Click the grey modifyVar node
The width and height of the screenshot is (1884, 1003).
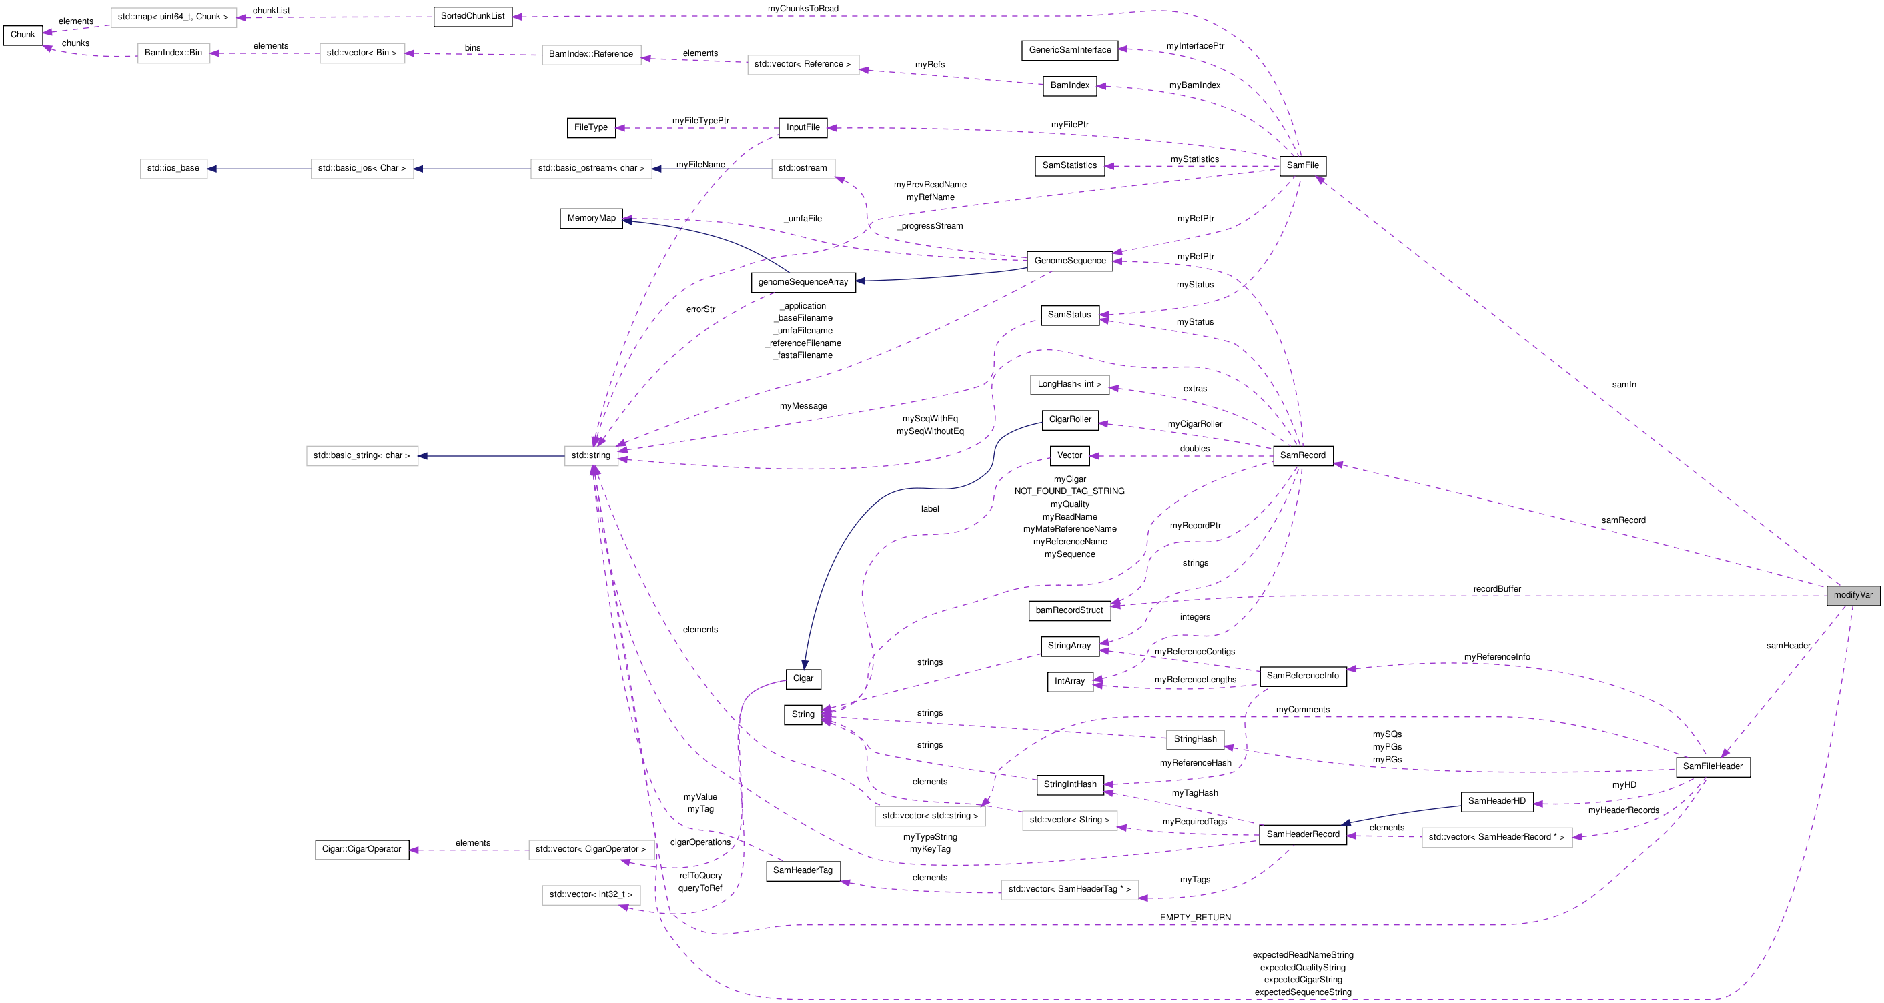point(1853,595)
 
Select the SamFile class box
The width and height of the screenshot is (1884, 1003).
point(1302,166)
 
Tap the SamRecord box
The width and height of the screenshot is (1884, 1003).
point(1302,455)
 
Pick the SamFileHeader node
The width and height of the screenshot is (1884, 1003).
point(1712,766)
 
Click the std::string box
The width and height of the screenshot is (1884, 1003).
point(590,455)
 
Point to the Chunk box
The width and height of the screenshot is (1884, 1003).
point(23,35)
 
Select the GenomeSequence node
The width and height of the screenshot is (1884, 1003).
point(1069,261)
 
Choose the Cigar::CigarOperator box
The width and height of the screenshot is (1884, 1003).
point(362,850)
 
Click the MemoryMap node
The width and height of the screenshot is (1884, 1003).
point(591,218)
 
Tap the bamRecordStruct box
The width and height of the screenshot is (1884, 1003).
point(1069,610)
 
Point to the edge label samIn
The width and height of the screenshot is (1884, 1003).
point(1624,385)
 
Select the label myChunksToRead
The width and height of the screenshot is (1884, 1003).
point(803,9)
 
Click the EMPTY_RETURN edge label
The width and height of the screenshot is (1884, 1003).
point(1194,918)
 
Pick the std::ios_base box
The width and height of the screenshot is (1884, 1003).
point(173,168)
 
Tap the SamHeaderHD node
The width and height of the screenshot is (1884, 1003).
point(1496,801)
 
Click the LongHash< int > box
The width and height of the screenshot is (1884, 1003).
point(1069,385)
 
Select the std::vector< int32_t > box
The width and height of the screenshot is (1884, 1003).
point(591,895)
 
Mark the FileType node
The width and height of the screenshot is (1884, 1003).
point(590,128)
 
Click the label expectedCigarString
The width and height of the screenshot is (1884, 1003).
point(1302,980)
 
